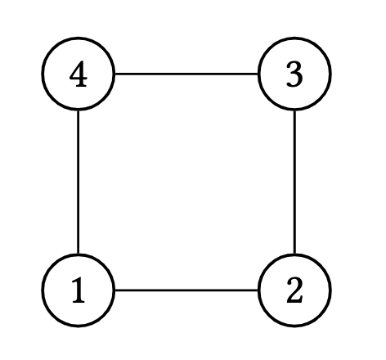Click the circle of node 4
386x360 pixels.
[43, 74]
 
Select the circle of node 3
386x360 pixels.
[258, 74]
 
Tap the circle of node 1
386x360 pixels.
[43, 290]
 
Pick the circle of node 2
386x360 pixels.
[258, 290]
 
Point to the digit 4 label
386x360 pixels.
[79, 74]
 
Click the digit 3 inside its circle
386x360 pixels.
[294, 74]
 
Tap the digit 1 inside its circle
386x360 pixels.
[79, 290]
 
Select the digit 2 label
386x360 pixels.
[294, 290]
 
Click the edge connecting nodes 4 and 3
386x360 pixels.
[186, 74]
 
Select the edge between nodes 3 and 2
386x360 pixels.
[294, 182]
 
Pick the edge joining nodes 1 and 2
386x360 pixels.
[186, 290]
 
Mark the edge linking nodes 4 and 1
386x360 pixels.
[79, 182]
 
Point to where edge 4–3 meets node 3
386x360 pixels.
[258, 74]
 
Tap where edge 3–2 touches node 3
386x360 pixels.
[294, 110]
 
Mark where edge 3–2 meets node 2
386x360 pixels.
[294, 254]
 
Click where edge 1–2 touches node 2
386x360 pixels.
[258, 290]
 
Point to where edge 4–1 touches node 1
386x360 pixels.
[79, 254]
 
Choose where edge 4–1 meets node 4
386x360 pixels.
[79, 110]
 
